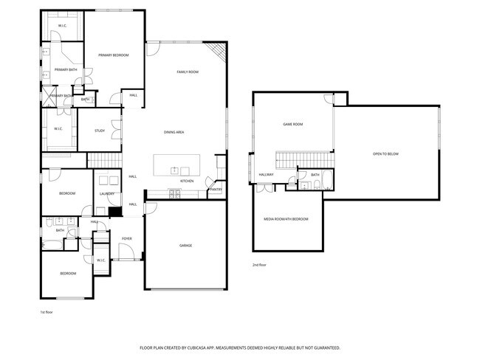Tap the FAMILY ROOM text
pos(188,72)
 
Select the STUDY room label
pos(99,131)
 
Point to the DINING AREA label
pos(174,132)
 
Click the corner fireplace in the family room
pos(215,51)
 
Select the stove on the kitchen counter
pos(174,194)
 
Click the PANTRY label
pos(215,190)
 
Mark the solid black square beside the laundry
pos(114,212)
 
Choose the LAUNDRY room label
pos(107,194)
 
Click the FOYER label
pos(126,238)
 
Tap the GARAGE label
pos(185,245)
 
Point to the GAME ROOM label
pos(293,124)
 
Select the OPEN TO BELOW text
pos(385,153)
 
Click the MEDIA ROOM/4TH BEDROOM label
pos(287,219)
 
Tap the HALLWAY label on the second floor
pos(266,175)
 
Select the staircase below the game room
pos(304,159)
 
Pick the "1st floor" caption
pos(47,312)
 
